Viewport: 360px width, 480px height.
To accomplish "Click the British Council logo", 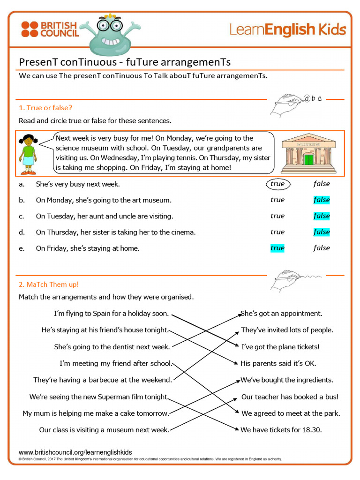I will [49, 29].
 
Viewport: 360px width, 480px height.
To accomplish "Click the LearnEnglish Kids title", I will [287, 30].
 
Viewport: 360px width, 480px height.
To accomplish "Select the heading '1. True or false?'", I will [45, 108].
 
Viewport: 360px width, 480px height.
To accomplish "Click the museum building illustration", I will [308, 153].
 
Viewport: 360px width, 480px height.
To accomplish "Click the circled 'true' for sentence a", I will [277, 184].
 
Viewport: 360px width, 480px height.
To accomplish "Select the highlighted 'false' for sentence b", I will [322, 200].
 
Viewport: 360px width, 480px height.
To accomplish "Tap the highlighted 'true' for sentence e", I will [277, 248].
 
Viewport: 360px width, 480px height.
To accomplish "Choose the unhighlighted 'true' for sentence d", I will [277, 232].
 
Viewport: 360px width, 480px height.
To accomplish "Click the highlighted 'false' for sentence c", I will [322, 216].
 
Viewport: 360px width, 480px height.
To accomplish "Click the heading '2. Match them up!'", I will [49, 285].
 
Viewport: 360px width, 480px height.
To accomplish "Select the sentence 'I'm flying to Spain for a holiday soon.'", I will [111, 314].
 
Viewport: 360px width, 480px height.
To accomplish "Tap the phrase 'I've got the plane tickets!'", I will [280, 347].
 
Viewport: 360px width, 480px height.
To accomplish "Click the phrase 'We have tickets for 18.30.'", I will [281, 430].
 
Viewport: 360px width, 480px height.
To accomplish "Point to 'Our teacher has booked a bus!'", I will [290, 397].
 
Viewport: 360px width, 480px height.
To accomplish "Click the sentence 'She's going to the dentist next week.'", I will [112, 347].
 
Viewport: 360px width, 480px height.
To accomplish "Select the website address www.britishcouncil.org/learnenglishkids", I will [75, 452].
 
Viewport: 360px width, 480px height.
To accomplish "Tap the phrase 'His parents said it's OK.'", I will [278, 363].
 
